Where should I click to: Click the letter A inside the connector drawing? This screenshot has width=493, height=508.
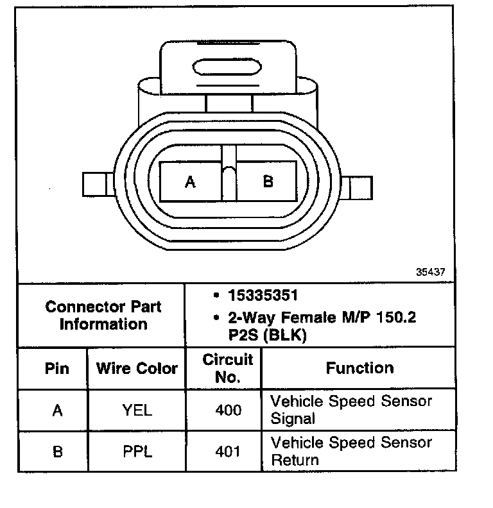[x=190, y=182]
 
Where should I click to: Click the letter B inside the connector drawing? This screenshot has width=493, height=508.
[x=268, y=182]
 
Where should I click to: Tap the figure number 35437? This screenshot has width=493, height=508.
[x=430, y=271]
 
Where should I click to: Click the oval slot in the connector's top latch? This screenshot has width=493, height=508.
[x=228, y=67]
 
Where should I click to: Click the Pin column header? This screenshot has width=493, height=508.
[x=57, y=369]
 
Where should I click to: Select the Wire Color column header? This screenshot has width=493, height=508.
[x=136, y=369]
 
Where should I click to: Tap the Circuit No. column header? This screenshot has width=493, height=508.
[x=228, y=368]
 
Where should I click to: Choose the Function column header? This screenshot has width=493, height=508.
[x=359, y=368]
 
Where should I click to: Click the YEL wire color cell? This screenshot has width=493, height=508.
[x=137, y=411]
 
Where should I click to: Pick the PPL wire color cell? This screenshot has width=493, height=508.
[x=137, y=452]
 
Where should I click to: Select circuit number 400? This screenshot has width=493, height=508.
[x=228, y=411]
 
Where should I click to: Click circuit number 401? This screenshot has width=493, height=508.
[x=228, y=452]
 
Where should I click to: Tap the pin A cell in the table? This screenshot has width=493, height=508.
[x=57, y=411]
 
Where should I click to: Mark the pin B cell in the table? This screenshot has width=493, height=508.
[x=57, y=452]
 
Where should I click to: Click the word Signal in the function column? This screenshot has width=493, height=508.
[x=293, y=419]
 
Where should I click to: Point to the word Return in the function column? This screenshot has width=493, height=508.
[x=295, y=460]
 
